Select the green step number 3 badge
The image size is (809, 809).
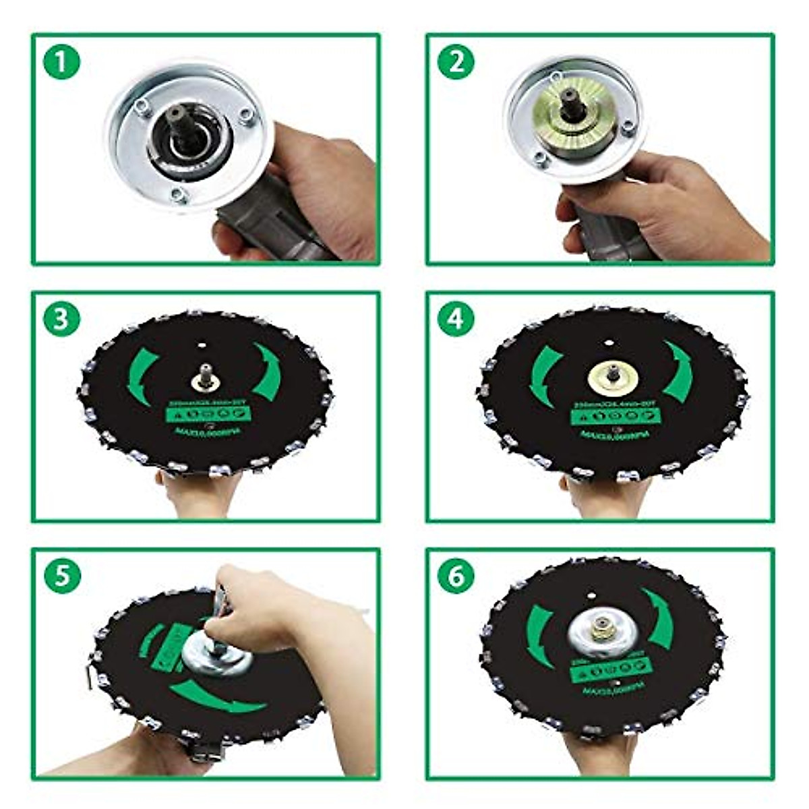pos(61,319)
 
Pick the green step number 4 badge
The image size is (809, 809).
pos(456,319)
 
